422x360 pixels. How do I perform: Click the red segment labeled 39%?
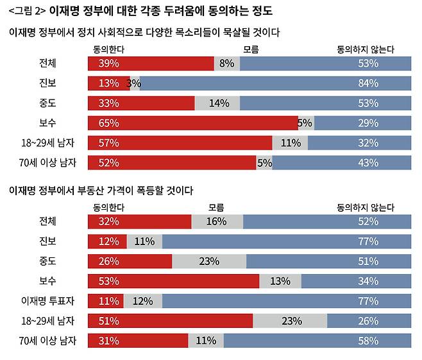[x=151, y=64]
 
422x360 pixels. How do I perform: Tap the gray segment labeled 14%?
[x=217, y=103]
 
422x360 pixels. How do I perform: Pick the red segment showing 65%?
[x=192, y=123]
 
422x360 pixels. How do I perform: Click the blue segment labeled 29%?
[x=362, y=123]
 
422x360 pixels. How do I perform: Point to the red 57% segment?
[x=180, y=143]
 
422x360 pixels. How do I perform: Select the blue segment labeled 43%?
[x=342, y=162]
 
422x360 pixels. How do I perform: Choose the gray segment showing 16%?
[x=217, y=221]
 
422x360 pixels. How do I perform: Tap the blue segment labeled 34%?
[x=356, y=281]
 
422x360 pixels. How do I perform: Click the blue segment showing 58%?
[x=317, y=341]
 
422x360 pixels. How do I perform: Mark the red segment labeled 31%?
[x=138, y=341]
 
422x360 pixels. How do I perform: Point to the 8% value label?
[x=226, y=64]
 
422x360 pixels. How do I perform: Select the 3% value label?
[x=133, y=83]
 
